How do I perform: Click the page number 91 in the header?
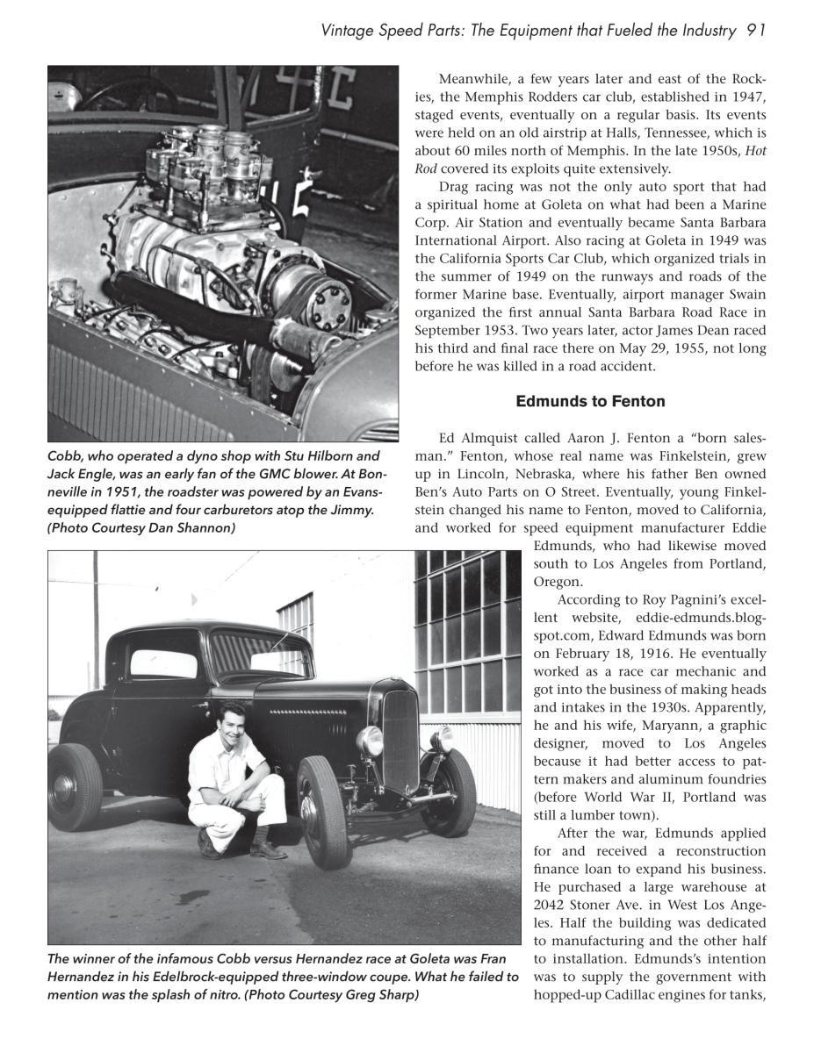click(757, 31)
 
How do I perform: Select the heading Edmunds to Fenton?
click(590, 401)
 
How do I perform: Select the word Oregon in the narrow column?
click(557, 581)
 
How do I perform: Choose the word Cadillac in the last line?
click(635, 994)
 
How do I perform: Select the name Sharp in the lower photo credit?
click(397, 994)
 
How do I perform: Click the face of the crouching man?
click(231, 719)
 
